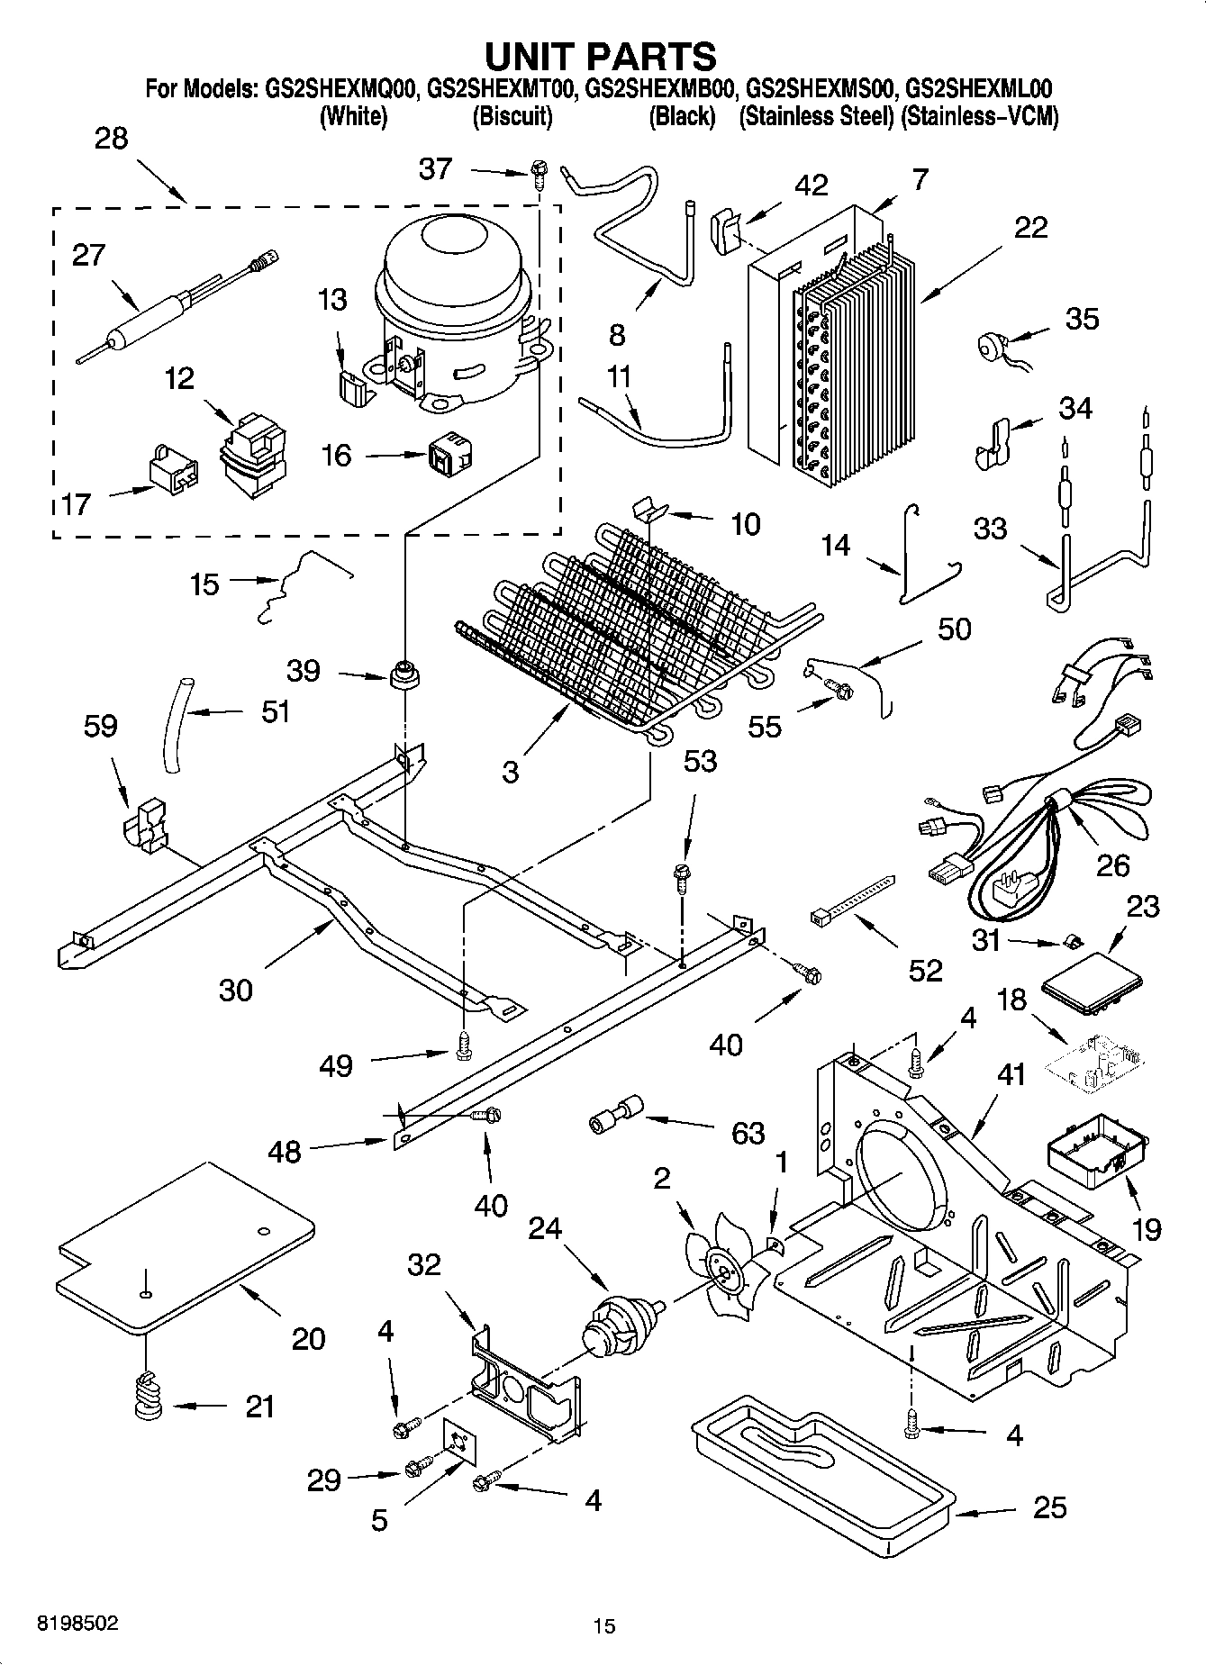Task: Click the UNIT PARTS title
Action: click(601, 56)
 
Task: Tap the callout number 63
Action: click(748, 1132)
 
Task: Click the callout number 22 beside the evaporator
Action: click(1030, 227)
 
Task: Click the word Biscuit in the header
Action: click(512, 116)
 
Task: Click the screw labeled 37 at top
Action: click(538, 170)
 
